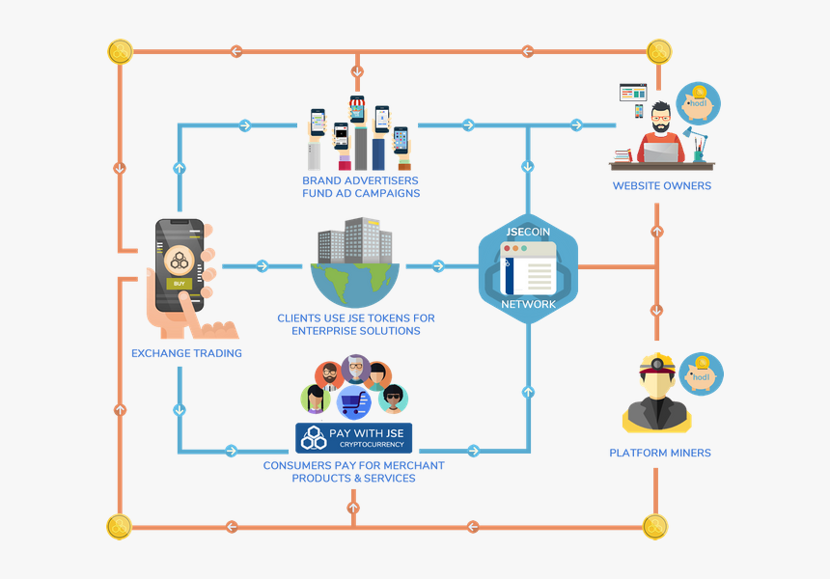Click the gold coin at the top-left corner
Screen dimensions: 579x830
pos(120,51)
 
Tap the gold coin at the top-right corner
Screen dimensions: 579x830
pos(659,51)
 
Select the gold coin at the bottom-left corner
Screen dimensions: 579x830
pos(119,527)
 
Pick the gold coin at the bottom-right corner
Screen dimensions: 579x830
pos(655,527)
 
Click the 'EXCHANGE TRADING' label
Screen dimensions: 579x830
pos(186,353)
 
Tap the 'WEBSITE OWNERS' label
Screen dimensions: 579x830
pos(661,185)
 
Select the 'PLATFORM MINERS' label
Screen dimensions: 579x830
pos(660,453)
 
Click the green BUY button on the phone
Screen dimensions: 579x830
pos(178,283)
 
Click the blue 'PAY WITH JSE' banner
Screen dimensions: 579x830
pos(353,437)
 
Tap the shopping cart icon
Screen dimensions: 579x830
pos(354,400)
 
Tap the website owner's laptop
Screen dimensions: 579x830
pos(661,151)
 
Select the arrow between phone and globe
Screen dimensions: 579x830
pos(262,266)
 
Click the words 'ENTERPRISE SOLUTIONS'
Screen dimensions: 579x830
pos(356,331)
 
